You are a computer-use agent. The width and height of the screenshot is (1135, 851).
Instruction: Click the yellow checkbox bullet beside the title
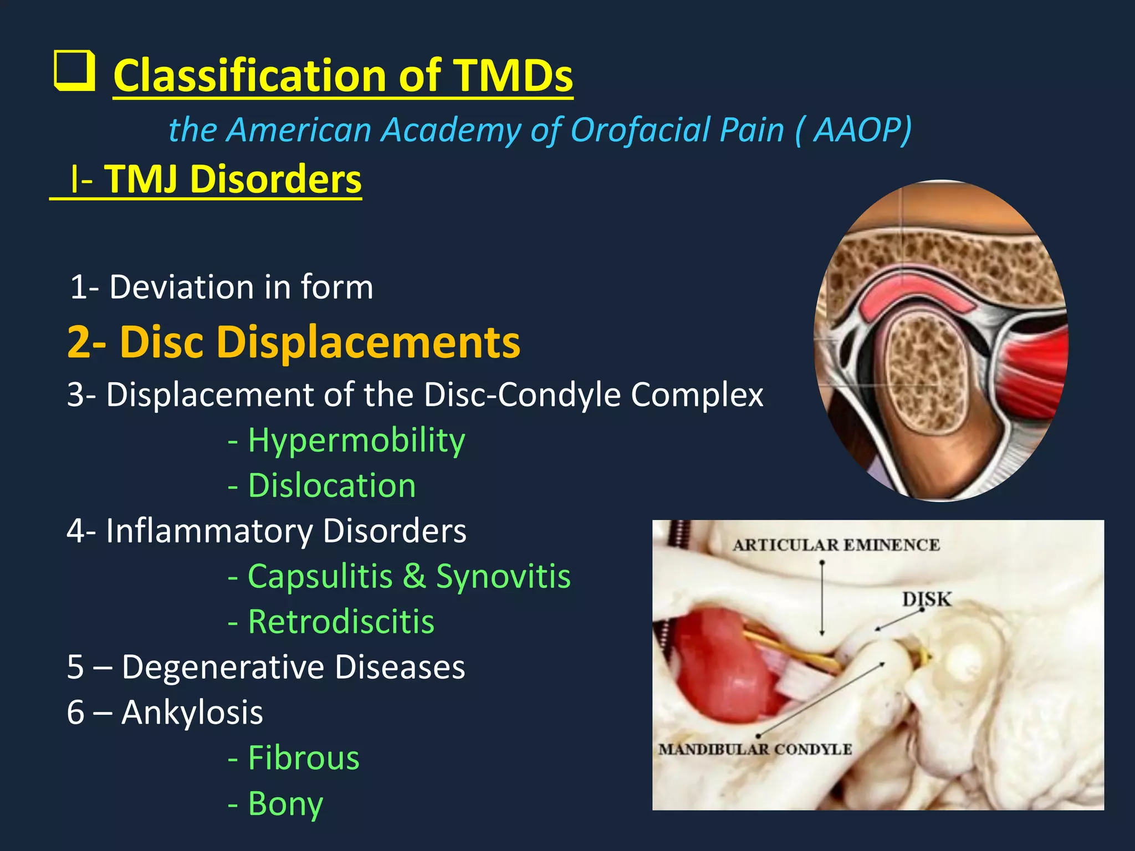(x=74, y=71)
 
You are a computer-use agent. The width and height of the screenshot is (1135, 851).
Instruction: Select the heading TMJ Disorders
(x=233, y=180)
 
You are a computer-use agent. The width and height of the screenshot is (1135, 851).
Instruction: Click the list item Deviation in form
(x=222, y=287)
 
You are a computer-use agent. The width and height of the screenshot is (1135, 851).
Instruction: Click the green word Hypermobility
(x=356, y=440)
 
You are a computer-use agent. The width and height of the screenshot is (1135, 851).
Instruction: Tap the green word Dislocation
(x=331, y=486)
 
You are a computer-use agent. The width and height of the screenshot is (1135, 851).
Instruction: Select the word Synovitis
(x=503, y=576)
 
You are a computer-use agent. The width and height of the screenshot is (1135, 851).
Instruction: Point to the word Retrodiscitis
(x=341, y=622)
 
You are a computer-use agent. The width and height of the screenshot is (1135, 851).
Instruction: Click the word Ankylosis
(x=192, y=712)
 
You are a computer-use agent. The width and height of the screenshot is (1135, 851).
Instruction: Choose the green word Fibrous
(x=304, y=758)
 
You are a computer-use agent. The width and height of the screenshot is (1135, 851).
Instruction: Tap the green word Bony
(x=285, y=803)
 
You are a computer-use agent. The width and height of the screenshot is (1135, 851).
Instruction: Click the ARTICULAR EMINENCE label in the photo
(x=836, y=545)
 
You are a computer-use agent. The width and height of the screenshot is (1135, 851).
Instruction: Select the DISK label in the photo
(x=926, y=599)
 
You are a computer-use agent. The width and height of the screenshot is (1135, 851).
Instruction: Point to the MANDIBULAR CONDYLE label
(x=755, y=750)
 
